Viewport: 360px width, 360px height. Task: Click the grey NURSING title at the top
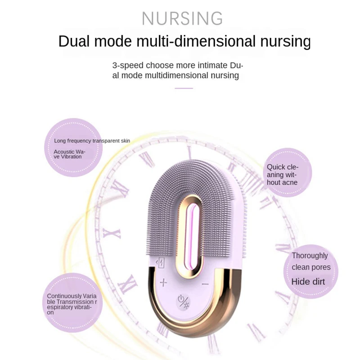182,18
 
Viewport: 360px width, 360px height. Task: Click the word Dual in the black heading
75,41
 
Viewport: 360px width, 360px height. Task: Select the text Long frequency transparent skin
92,141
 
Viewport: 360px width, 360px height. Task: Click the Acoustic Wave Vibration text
69,154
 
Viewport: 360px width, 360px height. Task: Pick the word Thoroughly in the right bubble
310,256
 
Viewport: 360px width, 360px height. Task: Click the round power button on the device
183,301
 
